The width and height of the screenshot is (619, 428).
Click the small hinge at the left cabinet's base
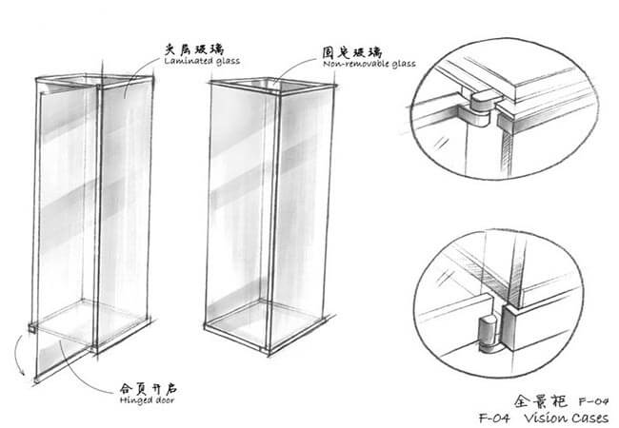tap(33, 326)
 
